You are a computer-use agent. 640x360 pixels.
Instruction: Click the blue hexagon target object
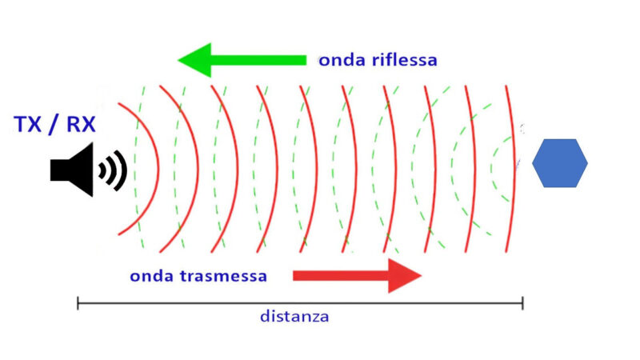click(559, 163)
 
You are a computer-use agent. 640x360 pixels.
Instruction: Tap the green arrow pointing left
click(242, 60)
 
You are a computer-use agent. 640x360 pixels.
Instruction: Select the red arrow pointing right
click(357, 276)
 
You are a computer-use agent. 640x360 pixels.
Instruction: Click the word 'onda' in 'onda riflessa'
click(342, 61)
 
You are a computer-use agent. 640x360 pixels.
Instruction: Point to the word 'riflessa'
click(405, 59)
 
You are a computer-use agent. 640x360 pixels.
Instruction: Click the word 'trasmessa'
click(224, 276)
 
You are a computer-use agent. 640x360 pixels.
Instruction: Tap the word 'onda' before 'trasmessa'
click(152, 276)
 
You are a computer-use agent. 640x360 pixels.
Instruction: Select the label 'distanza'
click(294, 316)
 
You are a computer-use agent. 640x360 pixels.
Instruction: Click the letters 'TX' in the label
click(27, 124)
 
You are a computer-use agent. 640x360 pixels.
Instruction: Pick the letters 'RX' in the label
click(81, 124)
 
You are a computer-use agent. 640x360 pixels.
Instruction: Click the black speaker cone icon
click(72, 170)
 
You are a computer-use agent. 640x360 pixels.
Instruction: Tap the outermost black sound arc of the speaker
click(121, 170)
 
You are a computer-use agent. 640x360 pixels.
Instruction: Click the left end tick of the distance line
click(78, 303)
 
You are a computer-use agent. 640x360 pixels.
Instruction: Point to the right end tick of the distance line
click(522, 303)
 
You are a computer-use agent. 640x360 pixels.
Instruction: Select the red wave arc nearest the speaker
click(158, 169)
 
